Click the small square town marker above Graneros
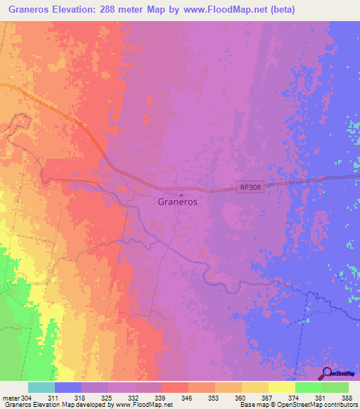tap(181, 195)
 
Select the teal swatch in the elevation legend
tap(41, 387)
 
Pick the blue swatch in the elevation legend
tap(68, 387)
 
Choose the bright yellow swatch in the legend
tap(281, 387)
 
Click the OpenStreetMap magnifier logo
tap(325, 373)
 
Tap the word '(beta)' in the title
tap(281, 10)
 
